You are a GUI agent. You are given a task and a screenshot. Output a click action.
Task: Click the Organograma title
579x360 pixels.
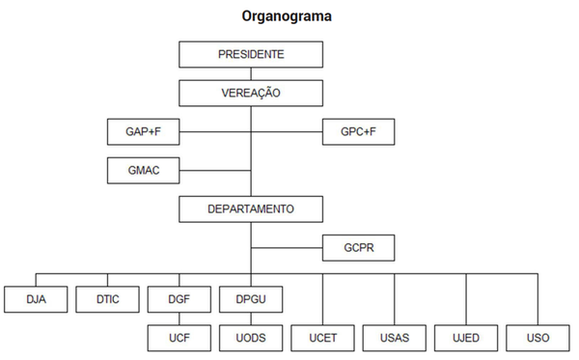pyautogui.click(x=288, y=16)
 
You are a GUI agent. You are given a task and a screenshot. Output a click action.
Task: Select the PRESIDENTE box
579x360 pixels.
pyautogui.click(x=251, y=55)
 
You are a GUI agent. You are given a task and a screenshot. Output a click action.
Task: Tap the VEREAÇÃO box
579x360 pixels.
pyautogui.click(x=251, y=93)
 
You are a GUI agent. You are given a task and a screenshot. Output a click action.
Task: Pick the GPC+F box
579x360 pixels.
pyautogui.click(x=358, y=131)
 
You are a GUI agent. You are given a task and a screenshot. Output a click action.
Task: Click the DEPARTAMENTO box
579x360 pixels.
pyautogui.click(x=251, y=208)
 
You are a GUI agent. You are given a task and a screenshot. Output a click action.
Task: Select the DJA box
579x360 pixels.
pyautogui.click(x=38, y=300)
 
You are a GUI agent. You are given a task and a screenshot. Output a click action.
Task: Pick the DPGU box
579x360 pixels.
pyautogui.click(x=251, y=300)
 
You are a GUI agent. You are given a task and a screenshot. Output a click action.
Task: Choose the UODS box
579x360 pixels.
pyautogui.click(x=251, y=338)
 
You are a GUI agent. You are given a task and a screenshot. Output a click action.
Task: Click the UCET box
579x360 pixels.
pyautogui.click(x=323, y=338)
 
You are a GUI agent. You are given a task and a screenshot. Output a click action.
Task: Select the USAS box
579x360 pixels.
pyautogui.click(x=396, y=338)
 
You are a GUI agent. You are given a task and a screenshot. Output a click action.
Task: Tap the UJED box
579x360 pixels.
pyautogui.click(x=467, y=338)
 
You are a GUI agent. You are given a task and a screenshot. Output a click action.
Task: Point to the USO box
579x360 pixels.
pyautogui.click(x=538, y=338)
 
